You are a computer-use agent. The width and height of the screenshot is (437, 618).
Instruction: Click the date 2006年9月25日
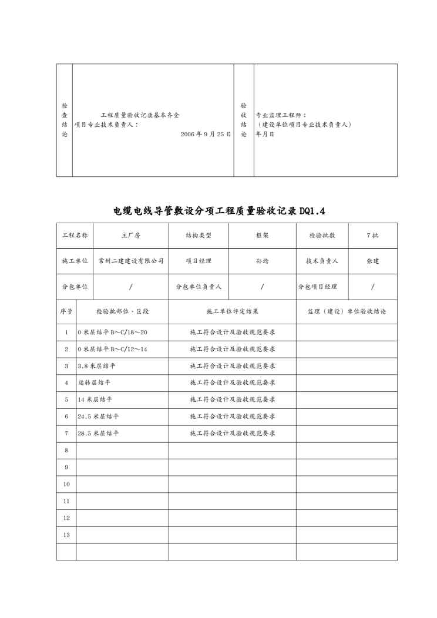coord(206,134)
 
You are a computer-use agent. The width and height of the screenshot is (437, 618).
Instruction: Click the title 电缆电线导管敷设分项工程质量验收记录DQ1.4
coord(218,211)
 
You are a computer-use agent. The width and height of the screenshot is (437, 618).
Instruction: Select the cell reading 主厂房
coord(130,235)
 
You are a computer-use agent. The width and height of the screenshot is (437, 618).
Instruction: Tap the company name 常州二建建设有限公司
coord(130,261)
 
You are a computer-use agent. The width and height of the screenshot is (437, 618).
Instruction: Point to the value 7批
coord(372,235)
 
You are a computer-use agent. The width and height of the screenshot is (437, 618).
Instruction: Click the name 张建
coord(372,261)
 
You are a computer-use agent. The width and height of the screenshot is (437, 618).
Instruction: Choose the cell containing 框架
coord(262,235)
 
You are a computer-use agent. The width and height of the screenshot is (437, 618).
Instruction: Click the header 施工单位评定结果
coord(232,311)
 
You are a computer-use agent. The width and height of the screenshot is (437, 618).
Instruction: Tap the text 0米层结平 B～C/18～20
coord(113,332)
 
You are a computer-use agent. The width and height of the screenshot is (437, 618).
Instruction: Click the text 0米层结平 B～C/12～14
coord(113,349)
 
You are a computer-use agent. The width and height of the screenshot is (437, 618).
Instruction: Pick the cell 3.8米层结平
coord(96,365)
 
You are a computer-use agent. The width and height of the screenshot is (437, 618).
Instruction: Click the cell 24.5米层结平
coord(98,416)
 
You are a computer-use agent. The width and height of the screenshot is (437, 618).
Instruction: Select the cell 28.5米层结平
coord(98,433)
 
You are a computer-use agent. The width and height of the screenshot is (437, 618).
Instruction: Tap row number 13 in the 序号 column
coord(66,535)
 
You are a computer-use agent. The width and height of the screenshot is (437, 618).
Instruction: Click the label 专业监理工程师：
coord(281,116)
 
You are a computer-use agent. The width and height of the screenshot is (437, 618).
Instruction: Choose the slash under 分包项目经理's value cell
coord(372,287)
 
